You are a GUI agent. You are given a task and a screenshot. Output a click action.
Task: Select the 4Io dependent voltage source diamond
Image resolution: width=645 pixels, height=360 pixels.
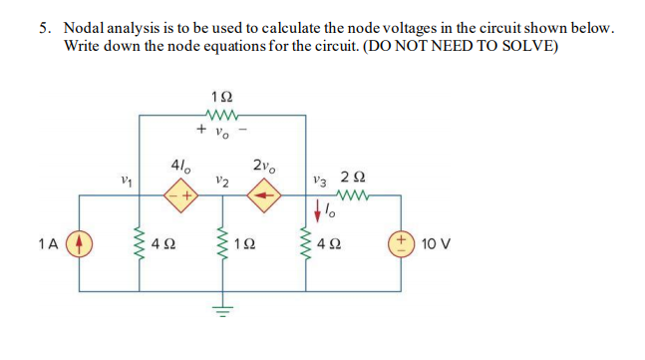[x=180, y=194]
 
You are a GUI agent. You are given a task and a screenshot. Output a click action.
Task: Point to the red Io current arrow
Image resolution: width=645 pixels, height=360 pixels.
[x=318, y=211]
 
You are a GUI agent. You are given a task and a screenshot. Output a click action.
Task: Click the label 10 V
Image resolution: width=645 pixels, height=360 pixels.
[x=437, y=242]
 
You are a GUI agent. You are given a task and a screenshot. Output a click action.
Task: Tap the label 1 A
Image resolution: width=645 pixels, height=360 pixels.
[x=46, y=242]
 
